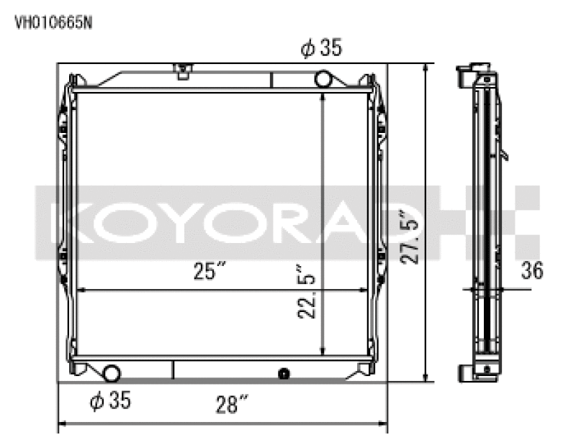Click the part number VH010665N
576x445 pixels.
[53, 22]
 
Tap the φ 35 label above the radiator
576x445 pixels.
[320, 49]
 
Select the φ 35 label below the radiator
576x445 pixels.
[109, 401]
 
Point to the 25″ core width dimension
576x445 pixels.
[209, 272]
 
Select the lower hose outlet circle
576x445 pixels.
[112, 372]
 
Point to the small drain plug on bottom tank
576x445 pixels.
[283, 373]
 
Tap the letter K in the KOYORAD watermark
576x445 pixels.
[63, 223]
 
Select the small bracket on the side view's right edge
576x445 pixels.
[505, 154]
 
